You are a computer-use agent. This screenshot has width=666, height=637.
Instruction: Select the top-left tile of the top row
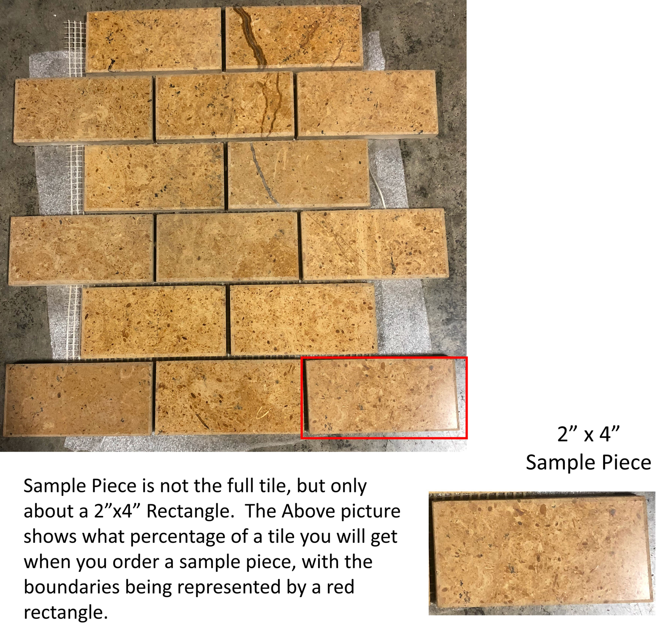tap(153, 39)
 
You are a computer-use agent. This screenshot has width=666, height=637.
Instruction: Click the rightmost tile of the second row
tap(367, 104)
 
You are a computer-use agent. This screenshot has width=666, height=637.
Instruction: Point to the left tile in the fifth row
tap(154, 321)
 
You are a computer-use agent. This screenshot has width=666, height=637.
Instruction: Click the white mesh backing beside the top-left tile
tap(75, 48)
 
